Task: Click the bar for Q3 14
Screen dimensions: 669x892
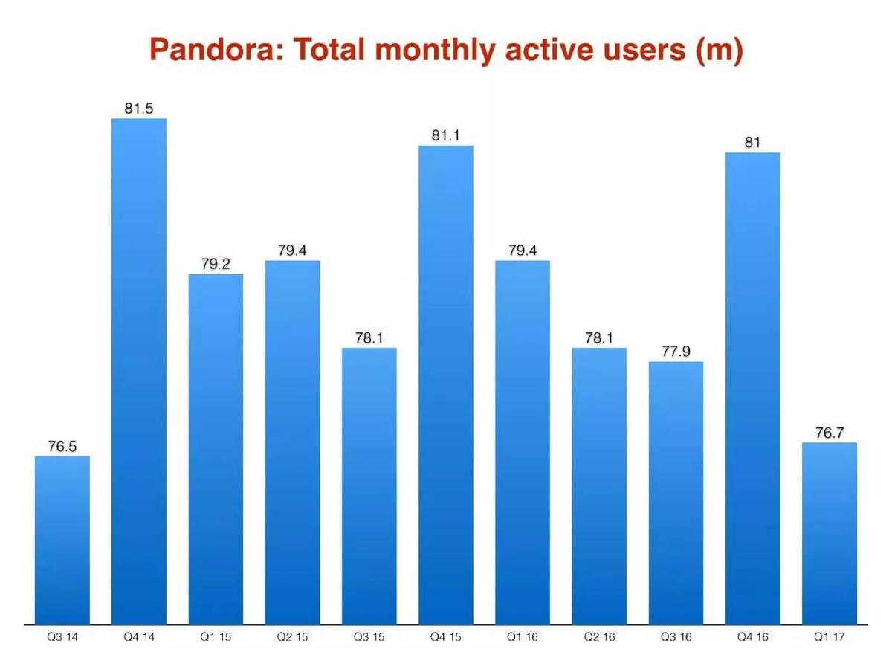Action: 62,540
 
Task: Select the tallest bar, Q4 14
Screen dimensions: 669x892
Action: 139,372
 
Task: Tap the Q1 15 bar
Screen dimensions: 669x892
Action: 216,449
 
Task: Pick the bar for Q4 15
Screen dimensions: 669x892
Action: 446,385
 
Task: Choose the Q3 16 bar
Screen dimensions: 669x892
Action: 676,493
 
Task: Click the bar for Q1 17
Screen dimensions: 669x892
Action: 830,533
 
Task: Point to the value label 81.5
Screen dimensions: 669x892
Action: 139,109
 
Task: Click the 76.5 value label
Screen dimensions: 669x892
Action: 62,446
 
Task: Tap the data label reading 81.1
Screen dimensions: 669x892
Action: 446,135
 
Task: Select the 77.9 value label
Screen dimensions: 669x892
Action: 676,351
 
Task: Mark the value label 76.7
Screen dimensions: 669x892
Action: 830,433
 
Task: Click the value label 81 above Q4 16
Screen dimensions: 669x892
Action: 753,143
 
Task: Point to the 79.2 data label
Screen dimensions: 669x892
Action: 216,264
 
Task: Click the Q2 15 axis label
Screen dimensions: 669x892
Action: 292,637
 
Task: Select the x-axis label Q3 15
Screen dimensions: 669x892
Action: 369,637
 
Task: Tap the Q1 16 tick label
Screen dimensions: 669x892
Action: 523,637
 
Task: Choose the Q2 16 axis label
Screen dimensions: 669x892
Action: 599,637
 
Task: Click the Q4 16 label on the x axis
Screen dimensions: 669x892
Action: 753,637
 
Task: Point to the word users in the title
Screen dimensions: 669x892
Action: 630,51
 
